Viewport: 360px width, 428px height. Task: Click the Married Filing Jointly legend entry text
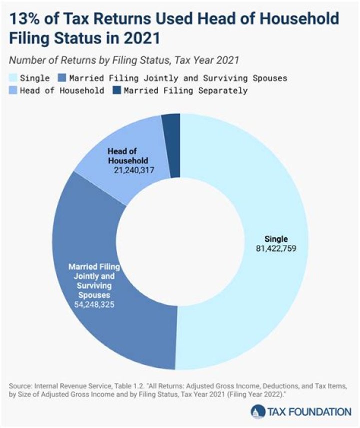pos(177,78)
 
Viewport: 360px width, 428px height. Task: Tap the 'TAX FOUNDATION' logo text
pos(305,411)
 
